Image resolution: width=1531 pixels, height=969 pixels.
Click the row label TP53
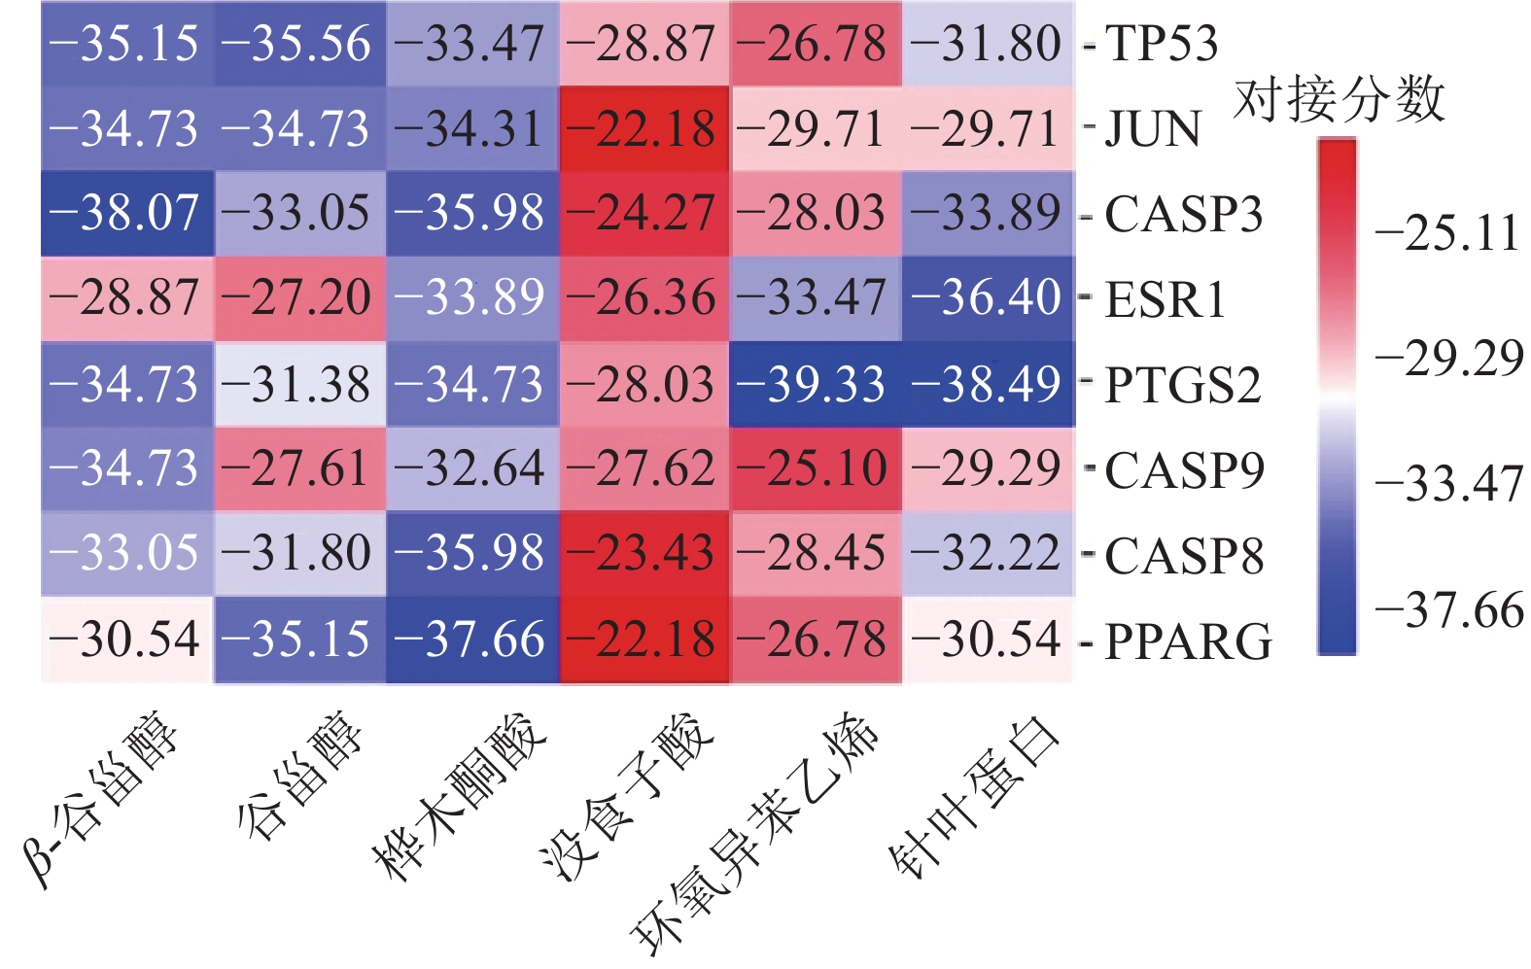1162,44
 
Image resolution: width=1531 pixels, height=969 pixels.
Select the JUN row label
1154,129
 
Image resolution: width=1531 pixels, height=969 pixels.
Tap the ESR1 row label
1166,299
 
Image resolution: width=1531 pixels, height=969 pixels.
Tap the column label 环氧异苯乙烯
759,832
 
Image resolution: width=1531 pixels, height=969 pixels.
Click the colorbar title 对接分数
1340,99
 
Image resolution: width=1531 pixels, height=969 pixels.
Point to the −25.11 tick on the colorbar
1447,233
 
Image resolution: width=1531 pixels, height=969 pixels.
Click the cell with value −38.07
126,214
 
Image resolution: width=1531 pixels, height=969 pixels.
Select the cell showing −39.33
815,385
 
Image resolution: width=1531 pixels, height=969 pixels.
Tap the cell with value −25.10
815,468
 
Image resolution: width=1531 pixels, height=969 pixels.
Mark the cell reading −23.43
644,554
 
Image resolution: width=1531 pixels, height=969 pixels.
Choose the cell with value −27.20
299,298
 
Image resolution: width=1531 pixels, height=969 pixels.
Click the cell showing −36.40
987,298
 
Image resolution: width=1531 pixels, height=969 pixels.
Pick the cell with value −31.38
299,385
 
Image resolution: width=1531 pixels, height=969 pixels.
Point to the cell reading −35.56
299,44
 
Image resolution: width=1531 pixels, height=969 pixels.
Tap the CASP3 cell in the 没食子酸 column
644,214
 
